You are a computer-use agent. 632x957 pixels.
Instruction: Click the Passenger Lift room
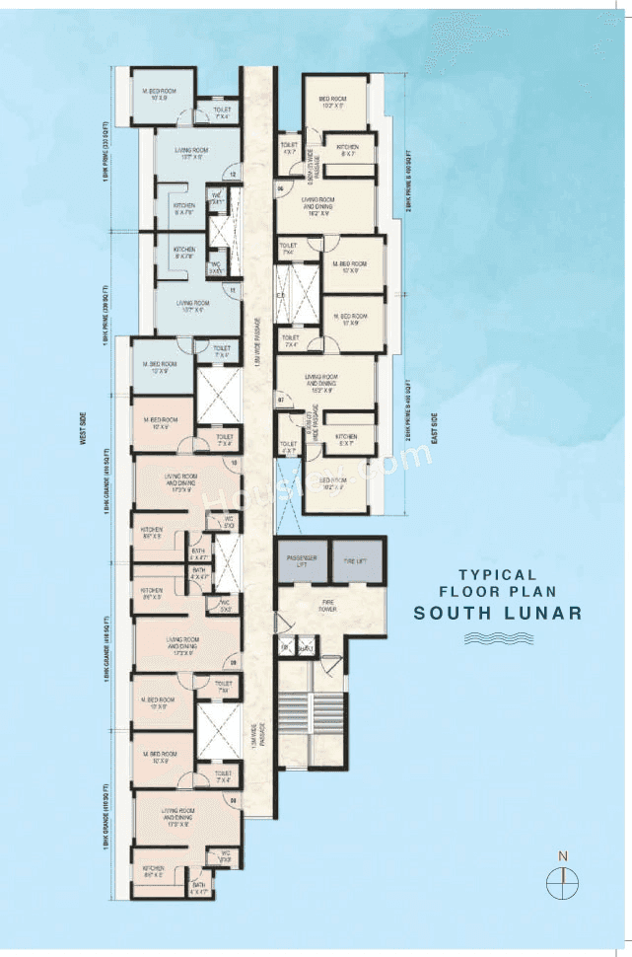pos(301,561)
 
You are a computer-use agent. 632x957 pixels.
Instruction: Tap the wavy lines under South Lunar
pos(498,639)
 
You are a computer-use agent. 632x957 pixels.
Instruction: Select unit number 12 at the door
pos(233,176)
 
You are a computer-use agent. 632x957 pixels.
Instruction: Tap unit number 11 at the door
pos(233,292)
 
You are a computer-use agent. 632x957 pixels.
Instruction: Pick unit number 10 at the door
pos(234,462)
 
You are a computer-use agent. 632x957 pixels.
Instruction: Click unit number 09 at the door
pos(234,662)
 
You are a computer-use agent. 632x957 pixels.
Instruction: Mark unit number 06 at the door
pos(281,187)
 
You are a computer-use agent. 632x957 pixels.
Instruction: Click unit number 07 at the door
pos(281,401)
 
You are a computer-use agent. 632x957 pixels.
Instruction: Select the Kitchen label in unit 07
pos(345,439)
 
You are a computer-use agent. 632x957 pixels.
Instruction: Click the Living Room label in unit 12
pos(189,152)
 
